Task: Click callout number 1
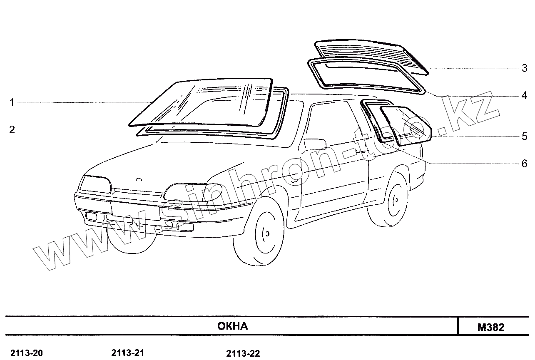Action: click(x=12, y=102)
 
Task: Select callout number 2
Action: click(x=12, y=130)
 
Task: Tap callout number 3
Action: click(x=525, y=68)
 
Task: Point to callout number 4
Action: click(x=525, y=96)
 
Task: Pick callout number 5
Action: click(x=525, y=136)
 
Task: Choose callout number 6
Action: click(x=525, y=164)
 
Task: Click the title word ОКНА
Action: click(x=232, y=326)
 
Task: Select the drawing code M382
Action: click(x=491, y=327)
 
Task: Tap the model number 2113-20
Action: click(x=26, y=353)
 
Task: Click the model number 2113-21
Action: click(x=128, y=353)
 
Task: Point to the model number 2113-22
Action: click(x=243, y=354)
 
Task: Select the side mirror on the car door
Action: click(x=315, y=144)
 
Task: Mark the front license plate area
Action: click(x=135, y=210)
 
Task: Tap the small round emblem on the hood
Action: click(x=139, y=180)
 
